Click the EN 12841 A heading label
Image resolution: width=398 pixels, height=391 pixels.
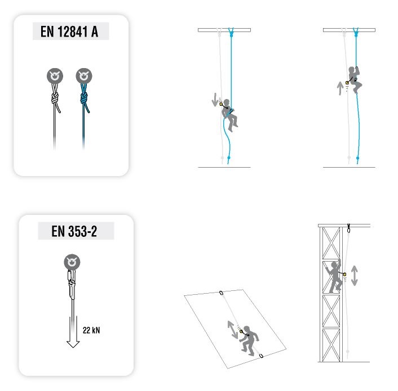point(69,32)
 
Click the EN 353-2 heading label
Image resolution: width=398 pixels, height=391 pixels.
point(74,231)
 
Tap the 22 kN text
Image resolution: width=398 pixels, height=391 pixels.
point(91,330)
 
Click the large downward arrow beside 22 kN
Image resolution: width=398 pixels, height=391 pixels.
point(73,332)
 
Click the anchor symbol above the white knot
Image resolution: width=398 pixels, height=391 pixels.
point(55,76)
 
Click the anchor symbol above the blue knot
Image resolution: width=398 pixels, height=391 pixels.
point(84,76)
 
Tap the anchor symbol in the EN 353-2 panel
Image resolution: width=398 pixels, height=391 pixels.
point(72,262)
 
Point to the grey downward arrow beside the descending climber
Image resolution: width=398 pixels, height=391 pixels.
point(215,100)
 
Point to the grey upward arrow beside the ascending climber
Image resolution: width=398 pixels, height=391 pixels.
point(340,88)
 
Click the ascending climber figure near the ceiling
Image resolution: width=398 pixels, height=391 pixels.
point(355,79)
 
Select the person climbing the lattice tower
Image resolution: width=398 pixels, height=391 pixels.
point(334,277)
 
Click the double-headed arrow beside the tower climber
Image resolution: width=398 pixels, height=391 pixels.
point(355,276)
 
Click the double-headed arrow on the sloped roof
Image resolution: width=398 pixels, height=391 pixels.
point(232,329)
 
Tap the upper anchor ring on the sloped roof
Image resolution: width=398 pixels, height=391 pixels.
point(221,293)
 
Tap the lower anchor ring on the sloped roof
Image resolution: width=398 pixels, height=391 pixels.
point(261,356)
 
